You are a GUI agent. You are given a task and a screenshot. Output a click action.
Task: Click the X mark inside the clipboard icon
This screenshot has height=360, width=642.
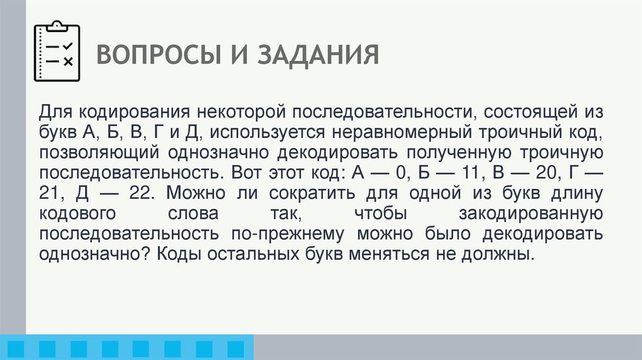click(68, 61)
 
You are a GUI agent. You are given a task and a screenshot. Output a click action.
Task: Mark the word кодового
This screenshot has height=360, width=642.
click(78, 213)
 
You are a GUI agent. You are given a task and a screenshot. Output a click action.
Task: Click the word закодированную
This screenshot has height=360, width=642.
click(531, 213)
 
